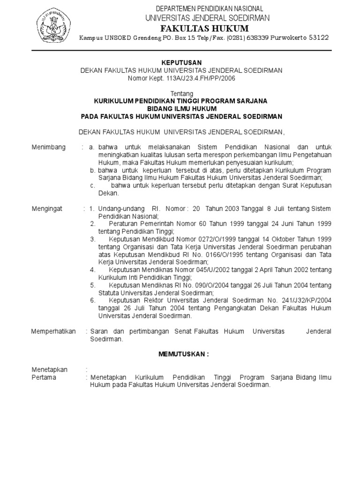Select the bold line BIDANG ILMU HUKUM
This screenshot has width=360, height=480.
(x=181, y=109)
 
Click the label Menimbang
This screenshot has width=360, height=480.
(x=49, y=147)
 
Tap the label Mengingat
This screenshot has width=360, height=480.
(x=48, y=208)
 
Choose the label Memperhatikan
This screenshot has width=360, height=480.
(x=53, y=331)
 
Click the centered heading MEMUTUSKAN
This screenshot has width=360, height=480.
(x=181, y=354)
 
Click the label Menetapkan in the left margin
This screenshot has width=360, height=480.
(x=50, y=369)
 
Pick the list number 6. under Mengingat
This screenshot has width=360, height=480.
(x=93, y=300)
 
